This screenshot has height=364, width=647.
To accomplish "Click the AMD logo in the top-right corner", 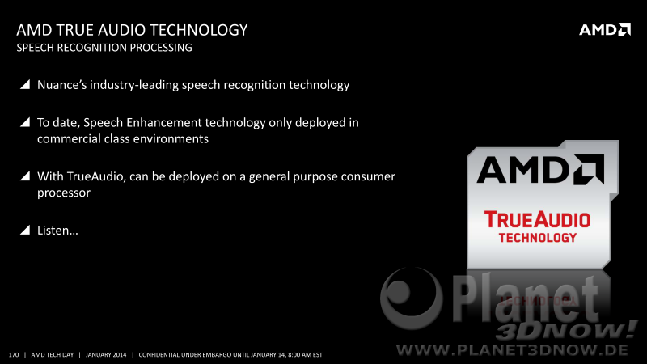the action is tap(605, 30).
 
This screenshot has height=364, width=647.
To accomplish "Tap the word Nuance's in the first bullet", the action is tap(62, 85).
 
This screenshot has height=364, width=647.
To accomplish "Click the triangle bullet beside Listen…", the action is tap(25, 230).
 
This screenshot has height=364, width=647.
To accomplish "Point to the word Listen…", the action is tap(57, 231).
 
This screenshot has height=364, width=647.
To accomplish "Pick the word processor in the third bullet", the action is tap(64, 193).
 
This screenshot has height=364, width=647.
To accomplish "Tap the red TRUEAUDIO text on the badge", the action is tap(537, 219).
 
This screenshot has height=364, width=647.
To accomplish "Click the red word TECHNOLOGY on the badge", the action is tap(537, 238).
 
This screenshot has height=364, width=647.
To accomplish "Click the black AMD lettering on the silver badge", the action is tap(540, 170).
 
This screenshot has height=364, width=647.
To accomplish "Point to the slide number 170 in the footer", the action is tap(14, 355).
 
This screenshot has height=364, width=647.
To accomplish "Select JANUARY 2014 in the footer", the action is tap(106, 355).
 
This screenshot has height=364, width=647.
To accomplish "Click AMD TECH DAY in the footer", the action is tap(53, 355).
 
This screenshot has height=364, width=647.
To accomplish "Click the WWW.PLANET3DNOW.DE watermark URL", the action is tap(512, 350).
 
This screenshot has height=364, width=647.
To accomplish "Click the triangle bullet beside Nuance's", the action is tap(25, 84).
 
